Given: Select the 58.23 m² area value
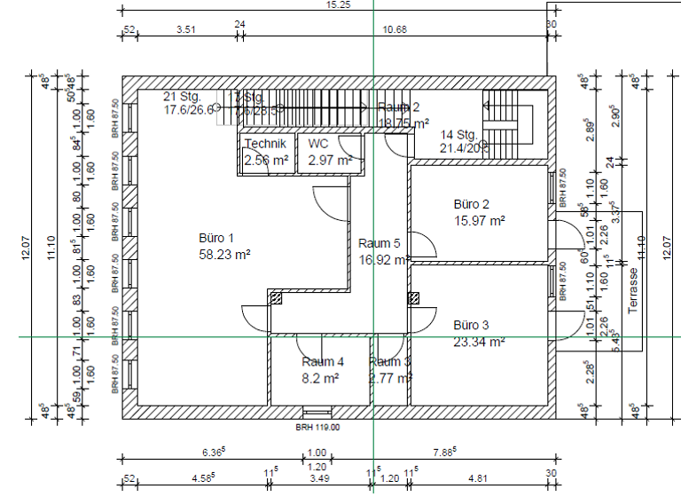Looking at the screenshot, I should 224,254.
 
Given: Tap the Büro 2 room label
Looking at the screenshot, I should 472,204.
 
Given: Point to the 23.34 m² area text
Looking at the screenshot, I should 479,341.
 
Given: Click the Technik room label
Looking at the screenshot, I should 265,144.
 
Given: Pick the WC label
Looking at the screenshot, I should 317,144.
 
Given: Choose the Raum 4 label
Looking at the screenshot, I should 323,361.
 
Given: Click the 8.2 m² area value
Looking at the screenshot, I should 320,377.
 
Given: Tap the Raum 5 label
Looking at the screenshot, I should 379,243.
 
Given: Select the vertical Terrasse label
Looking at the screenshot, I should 633,290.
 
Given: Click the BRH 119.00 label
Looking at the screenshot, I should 317,427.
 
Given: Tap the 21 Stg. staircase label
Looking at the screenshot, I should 183,96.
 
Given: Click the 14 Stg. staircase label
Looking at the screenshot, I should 459,135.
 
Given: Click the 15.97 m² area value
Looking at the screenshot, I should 479,220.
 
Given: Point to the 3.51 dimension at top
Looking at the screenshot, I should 186,29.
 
